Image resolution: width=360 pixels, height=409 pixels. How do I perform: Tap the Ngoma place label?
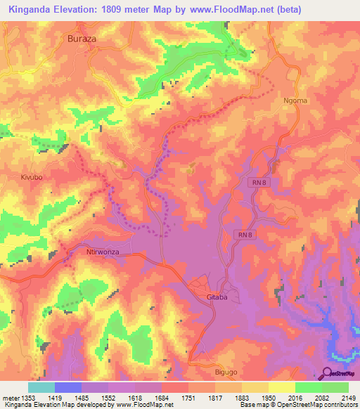click(296, 100)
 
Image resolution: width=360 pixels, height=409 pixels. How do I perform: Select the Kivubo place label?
click(32, 177)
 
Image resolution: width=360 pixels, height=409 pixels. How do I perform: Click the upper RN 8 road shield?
click(259, 183)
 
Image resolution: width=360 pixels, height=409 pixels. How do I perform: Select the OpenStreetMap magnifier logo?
click(327, 373)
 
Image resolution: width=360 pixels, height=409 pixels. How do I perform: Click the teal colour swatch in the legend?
click(41, 387)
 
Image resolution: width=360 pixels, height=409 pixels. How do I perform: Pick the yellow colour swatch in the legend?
click(282, 387)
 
